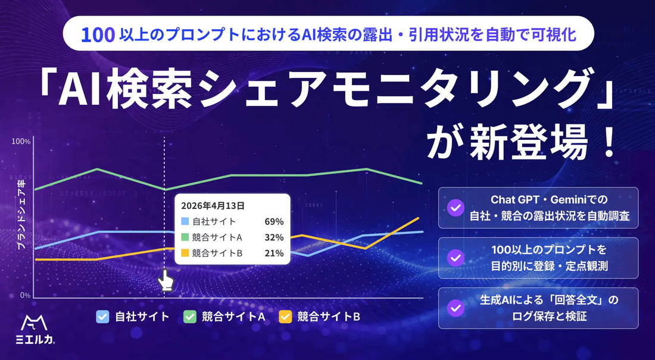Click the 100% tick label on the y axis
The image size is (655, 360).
[21, 142]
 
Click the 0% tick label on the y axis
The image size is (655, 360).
[24, 295]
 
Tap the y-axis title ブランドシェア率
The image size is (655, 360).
[23, 218]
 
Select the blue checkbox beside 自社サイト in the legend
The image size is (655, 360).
[102, 317]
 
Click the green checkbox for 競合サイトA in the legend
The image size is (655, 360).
[190, 317]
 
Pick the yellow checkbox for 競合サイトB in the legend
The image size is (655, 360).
[285, 317]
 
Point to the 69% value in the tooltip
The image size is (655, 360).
[274, 222]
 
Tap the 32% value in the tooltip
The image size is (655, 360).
[274, 237]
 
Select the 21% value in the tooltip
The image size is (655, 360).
[274, 253]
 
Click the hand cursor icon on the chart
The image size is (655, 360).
[166, 280]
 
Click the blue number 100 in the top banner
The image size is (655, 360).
[98, 35]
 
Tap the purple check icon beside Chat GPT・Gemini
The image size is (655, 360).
[456, 208]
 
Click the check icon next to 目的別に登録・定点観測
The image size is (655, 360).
[456, 258]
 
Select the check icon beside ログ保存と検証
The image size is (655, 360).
[456, 308]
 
